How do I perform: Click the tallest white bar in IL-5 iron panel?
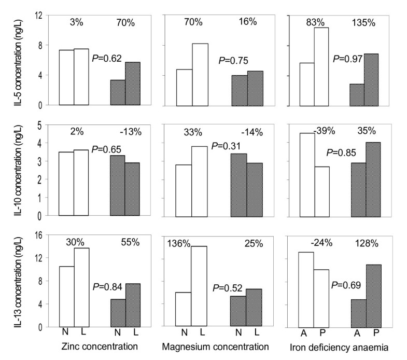click(x=321, y=66)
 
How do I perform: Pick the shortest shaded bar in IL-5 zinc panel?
click(x=118, y=92)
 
